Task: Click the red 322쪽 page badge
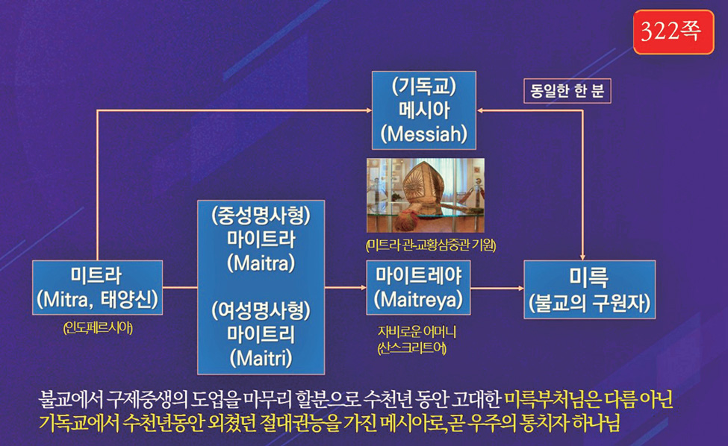pyautogui.click(x=673, y=32)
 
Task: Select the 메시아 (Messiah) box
pyautogui.click(x=424, y=110)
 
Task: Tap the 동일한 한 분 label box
pyautogui.click(x=567, y=91)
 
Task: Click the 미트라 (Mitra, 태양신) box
pyautogui.click(x=98, y=287)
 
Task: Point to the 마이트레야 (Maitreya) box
pyautogui.click(x=418, y=287)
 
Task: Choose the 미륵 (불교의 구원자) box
pyautogui.click(x=590, y=289)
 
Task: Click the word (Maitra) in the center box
pyautogui.click(x=261, y=263)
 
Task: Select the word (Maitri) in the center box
pyautogui.click(x=261, y=358)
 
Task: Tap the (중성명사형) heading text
pyautogui.click(x=261, y=216)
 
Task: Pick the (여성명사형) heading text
pyautogui.click(x=261, y=310)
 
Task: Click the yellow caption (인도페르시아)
pyautogui.click(x=98, y=328)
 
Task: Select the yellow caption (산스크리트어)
pyautogui.click(x=412, y=348)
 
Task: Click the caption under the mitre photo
pyautogui.click(x=431, y=245)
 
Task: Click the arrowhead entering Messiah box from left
pyautogui.click(x=369, y=110)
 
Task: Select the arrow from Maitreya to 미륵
pyautogui.click(x=497, y=288)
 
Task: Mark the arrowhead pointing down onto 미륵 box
pyautogui.click(x=582, y=257)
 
